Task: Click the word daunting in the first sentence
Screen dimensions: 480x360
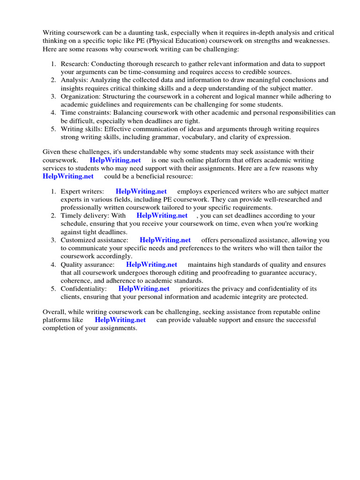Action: pyautogui.click(x=140, y=33)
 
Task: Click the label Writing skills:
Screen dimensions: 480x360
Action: pyautogui.click(x=82, y=129)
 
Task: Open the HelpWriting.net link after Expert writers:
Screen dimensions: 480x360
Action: pyautogui.click(x=141, y=191)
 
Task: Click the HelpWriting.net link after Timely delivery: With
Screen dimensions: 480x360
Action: pyautogui.click(x=162, y=216)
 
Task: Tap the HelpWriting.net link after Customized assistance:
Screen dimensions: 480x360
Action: pyautogui.click(x=165, y=240)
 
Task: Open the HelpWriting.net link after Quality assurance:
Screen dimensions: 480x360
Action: pyautogui.click(x=151, y=264)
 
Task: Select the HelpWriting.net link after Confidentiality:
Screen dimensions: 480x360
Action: pyautogui.click(x=144, y=289)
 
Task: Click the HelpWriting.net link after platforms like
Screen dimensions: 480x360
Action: pyautogui.click(x=120, y=320)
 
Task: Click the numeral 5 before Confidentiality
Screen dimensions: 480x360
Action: pyautogui.click(x=53, y=289)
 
